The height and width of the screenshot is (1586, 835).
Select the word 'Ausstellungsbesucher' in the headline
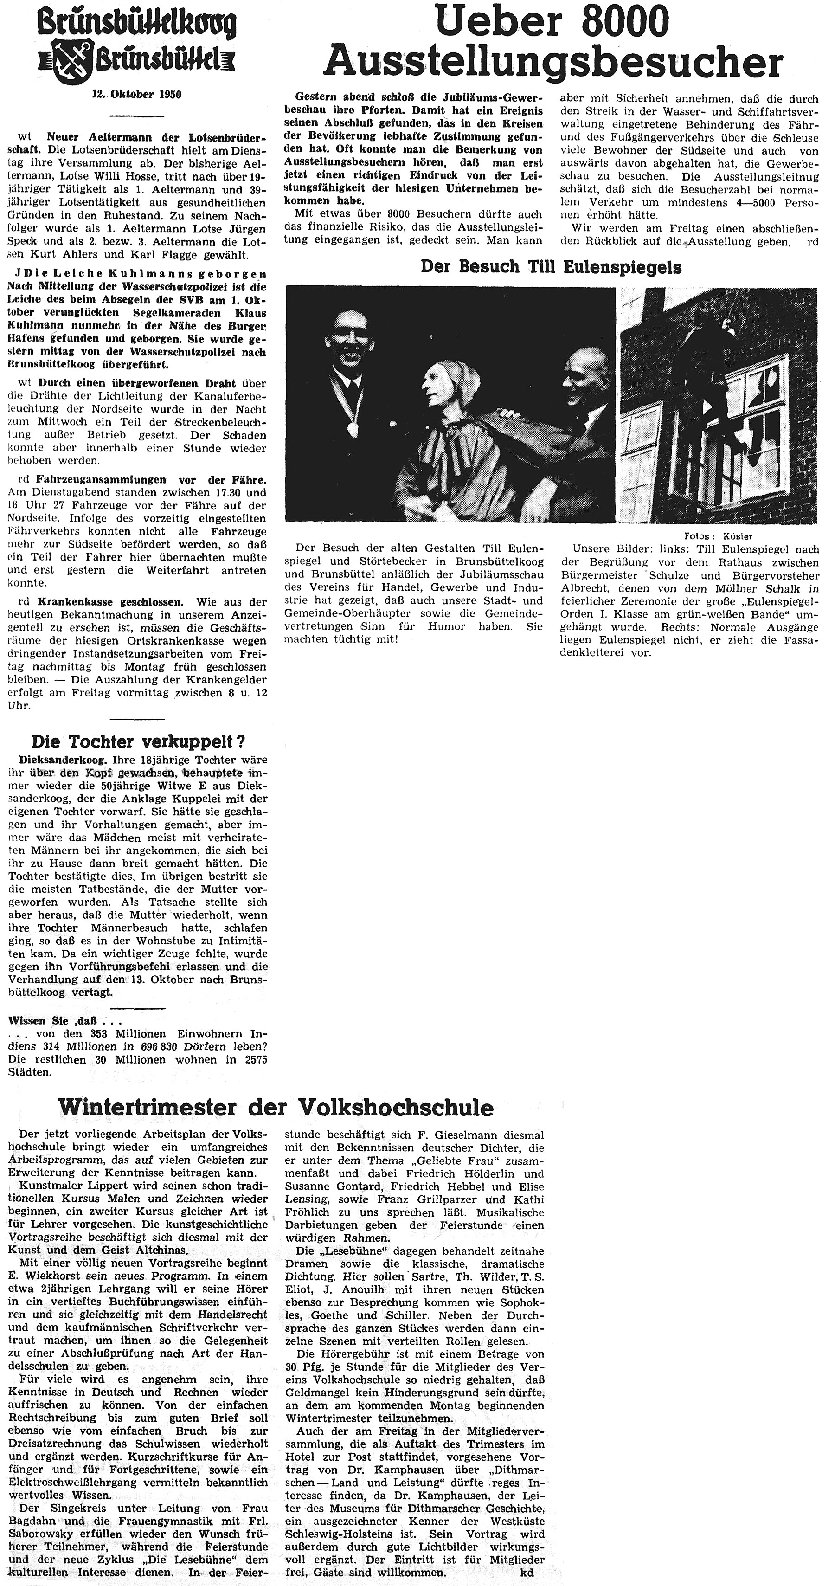tap(552, 62)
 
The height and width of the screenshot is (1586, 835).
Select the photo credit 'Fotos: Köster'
tap(718, 535)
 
